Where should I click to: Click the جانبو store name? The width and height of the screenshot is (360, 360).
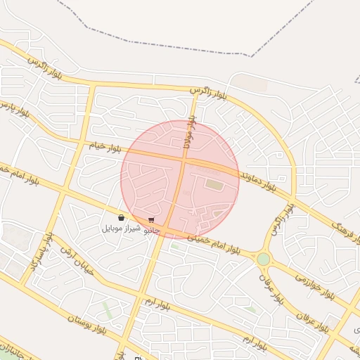152,230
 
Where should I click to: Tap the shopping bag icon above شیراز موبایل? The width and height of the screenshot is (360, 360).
122,218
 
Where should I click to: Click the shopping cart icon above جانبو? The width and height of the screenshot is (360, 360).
151,220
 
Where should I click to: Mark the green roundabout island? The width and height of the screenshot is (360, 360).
263,259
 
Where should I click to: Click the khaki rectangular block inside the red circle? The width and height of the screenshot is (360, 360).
213,185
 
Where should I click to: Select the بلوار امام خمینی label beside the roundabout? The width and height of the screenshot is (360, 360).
214,245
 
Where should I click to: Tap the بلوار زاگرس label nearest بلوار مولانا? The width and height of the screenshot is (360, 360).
208,93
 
